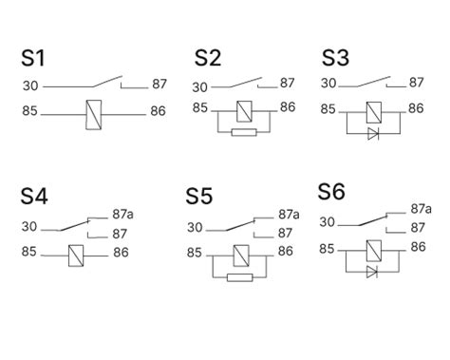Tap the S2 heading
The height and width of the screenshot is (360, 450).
208,59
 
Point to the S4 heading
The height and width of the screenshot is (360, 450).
35,197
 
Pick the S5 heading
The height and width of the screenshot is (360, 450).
200,198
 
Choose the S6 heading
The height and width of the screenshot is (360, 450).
331,191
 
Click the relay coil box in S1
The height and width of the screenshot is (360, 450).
94,113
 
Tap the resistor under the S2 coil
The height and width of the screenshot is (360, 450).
244,132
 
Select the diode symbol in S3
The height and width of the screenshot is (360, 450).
373,133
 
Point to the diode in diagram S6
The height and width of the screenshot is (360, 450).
372,272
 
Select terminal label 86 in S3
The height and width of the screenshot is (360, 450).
415,108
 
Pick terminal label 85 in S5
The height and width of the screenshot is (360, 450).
195,253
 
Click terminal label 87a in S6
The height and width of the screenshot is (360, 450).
421,209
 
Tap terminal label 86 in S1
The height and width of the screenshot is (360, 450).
158,112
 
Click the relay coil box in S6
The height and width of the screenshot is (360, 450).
373,249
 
